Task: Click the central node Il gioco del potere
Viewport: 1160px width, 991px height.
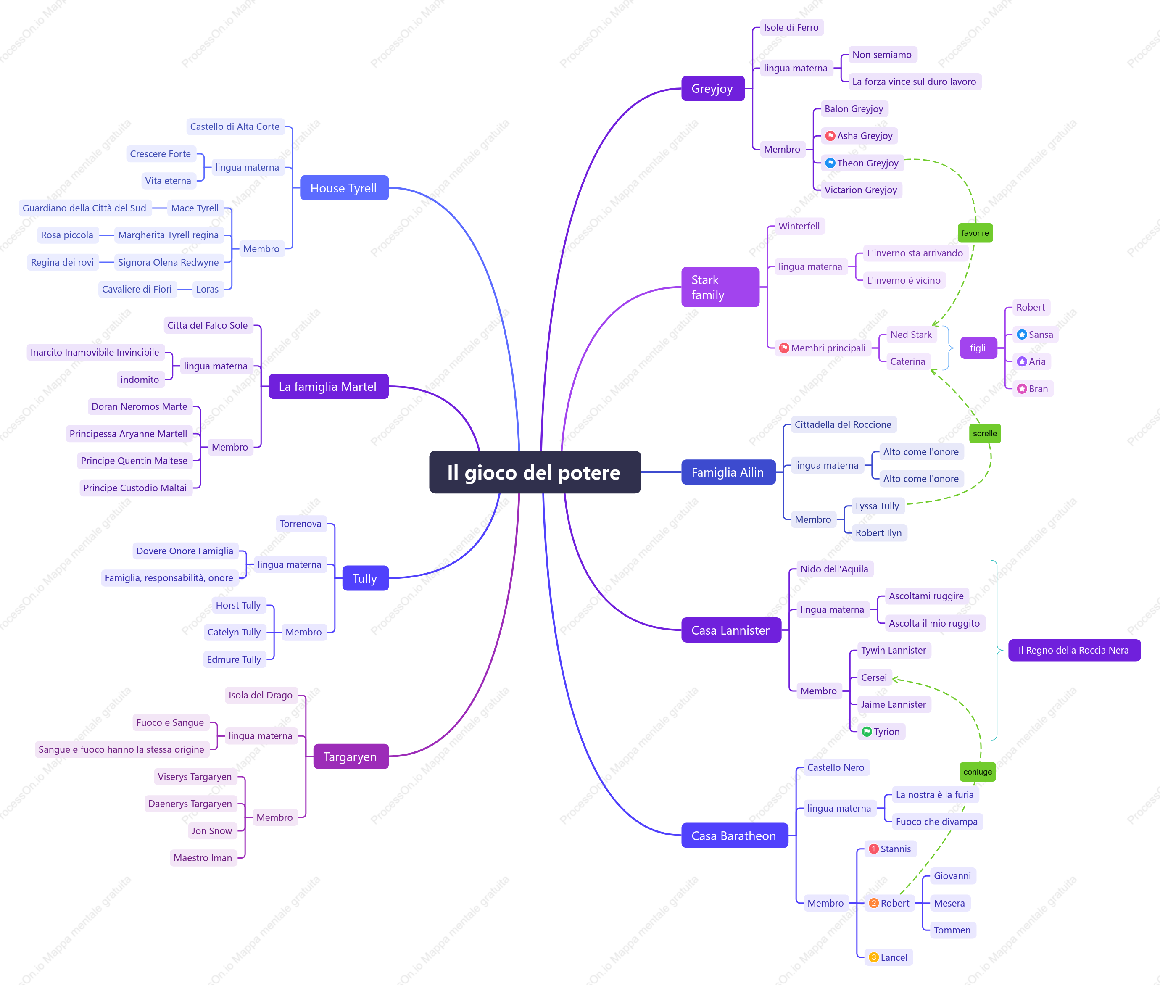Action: tap(535, 472)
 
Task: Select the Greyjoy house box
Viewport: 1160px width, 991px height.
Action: tap(713, 88)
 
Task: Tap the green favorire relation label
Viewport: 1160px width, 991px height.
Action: tap(975, 233)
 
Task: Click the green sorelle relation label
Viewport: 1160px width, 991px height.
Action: tap(985, 433)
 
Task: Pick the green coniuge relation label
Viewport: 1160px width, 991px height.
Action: tap(978, 772)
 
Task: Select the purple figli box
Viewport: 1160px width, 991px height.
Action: tap(978, 348)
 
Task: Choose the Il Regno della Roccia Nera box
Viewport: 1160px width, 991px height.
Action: tap(1074, 650)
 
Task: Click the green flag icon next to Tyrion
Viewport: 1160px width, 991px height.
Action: tap(867, 731)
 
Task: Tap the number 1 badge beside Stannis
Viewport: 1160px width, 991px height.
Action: tap(873, 849)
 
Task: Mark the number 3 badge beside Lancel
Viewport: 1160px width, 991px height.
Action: tap(873, 957)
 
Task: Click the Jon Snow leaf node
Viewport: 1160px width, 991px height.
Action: tap(212, 831)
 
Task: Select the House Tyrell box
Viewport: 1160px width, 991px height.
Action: tap(344, 188)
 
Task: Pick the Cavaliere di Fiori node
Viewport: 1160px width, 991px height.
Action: tap(137, 289)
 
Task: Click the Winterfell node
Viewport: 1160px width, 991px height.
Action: tap(799, 226)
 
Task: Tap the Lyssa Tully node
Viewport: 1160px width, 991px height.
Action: tap(877, 506)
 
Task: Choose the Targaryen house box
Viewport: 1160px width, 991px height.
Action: tap(351, 756)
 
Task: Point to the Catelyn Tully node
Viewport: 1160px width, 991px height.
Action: tap(234, 632)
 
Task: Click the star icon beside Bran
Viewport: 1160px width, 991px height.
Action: tap(1022, 389)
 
